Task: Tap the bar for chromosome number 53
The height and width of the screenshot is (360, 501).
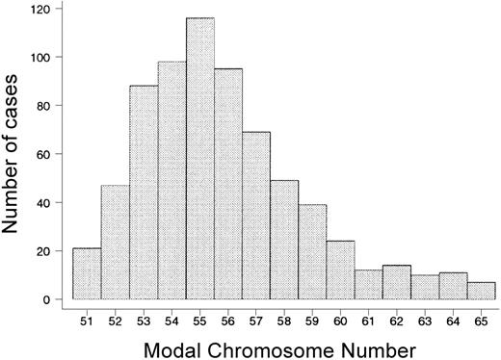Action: tap(144, 193)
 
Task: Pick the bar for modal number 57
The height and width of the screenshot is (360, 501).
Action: tap(256, 217)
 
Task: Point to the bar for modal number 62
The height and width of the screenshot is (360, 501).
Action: tap(397, 283)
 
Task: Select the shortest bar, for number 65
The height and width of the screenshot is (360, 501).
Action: tap(482, 291)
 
